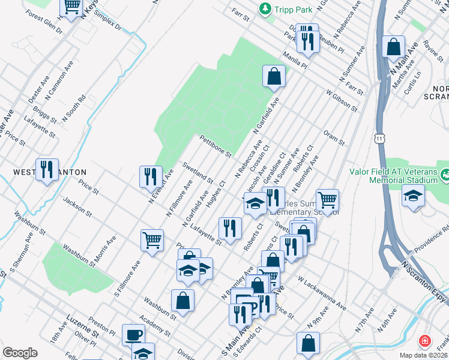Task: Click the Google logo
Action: (x=20, y=353)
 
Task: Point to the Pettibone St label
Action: (x=215, y=146)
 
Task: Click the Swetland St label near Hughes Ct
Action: (x=197, y=172)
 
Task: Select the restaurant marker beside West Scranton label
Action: (x=46, y=169)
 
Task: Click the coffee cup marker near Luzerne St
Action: (x=133, y=334)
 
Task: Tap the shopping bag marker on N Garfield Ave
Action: (x=274, y=76)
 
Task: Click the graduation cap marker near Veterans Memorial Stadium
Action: (x=413, y=196)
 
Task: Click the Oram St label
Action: (x=333, y=138)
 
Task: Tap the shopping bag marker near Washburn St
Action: (x=182, y=300)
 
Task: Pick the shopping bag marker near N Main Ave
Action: (x=393, y=47)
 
